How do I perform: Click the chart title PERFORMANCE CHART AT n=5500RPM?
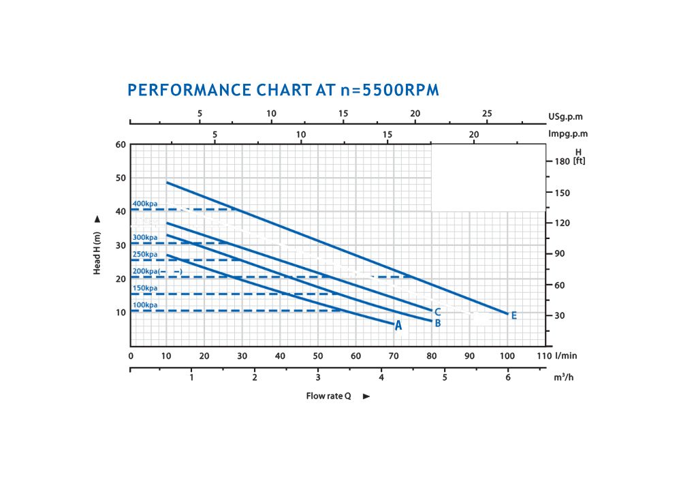283,91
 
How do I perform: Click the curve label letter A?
398,326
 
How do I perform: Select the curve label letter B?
438,323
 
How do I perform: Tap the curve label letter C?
437,311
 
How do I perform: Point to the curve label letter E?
513,315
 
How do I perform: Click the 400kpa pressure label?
145,204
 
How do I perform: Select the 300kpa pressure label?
145,238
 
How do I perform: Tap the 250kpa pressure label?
145,255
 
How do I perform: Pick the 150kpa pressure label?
145,289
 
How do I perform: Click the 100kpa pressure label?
145,305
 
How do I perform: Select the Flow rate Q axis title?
328,396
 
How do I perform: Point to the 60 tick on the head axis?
121,144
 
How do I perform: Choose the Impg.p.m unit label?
568,134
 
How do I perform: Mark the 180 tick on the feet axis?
562,161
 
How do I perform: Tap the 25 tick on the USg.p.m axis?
487,113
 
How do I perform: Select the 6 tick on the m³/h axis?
507,377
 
